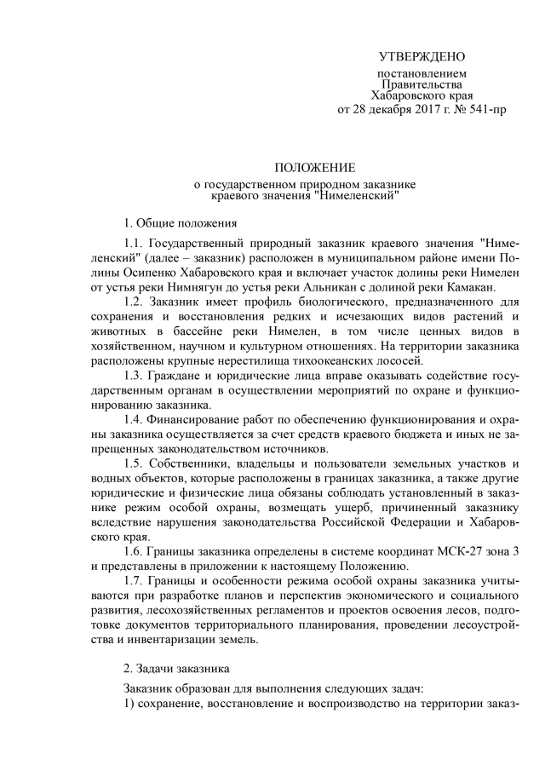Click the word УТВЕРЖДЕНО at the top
(422, 57)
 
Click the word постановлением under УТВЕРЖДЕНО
(422, 74)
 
